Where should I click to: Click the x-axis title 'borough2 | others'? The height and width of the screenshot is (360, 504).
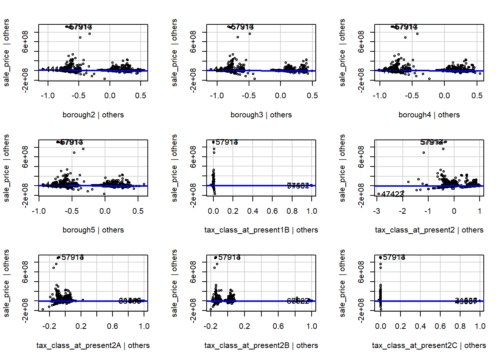click(x=93, y=115)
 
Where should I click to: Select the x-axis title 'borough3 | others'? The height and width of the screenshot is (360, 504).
click(x=261, y=115)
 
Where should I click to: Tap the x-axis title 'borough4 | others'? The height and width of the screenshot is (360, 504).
click(x=429, y=115)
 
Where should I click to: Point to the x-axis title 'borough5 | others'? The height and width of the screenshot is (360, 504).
click(x=93, y=230)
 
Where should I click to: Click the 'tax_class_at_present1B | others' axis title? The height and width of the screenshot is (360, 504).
click(x=261, y=230)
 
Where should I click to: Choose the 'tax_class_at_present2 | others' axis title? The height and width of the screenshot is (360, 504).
click(x=429, y=230)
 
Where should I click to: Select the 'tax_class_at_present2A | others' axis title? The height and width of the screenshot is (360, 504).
click(x=93, y=345)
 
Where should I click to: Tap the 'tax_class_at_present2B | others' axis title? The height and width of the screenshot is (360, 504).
click(x=261, y=345)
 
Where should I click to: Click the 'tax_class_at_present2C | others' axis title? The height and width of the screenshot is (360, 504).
click(x=429, y=345)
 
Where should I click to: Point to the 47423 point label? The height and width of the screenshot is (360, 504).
click(x=393, y=194)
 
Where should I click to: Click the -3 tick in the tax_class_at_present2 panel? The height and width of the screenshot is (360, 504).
click(x=376, y=211)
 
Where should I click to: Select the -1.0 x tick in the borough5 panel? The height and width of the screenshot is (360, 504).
click(x=39, y=211)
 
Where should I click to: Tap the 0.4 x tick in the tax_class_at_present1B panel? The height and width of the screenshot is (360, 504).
click(x=253, y=211)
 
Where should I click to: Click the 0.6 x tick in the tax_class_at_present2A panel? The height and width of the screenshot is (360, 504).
click(x=112, y=326)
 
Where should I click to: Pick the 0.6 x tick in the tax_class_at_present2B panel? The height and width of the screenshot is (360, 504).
click(x=278, y=326)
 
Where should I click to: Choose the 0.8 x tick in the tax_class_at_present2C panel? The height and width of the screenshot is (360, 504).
click(x=460, y=326)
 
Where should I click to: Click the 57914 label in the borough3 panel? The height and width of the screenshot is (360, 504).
click(x=242, y=27)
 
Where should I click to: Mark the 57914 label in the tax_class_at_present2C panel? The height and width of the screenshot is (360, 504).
click(x=394, y=258)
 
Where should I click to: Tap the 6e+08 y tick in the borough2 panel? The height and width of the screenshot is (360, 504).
click(x=25, y=46)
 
